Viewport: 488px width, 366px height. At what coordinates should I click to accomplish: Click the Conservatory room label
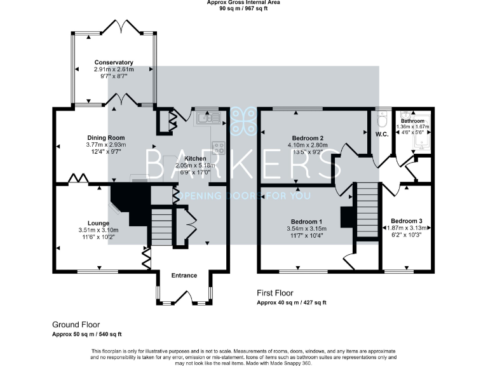coord(114,62)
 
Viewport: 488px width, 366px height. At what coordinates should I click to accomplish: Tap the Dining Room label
coord(106,138)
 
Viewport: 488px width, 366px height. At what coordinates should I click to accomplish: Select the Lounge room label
coord(98,223)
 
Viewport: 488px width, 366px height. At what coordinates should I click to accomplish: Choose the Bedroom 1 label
coord(308,220)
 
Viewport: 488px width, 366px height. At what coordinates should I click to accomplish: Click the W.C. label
coord(382,134)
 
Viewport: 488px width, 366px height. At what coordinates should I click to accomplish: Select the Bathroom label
coord(412,121)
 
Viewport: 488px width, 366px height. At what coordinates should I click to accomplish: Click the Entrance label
coord(184,275)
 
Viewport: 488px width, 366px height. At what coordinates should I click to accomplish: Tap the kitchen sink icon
coord(208,118)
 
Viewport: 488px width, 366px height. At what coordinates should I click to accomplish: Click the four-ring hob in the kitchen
coord(219,147)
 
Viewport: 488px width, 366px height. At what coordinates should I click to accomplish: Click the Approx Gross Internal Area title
coord(243,3)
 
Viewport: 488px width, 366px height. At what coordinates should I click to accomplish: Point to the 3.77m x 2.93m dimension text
coord(106,145)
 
